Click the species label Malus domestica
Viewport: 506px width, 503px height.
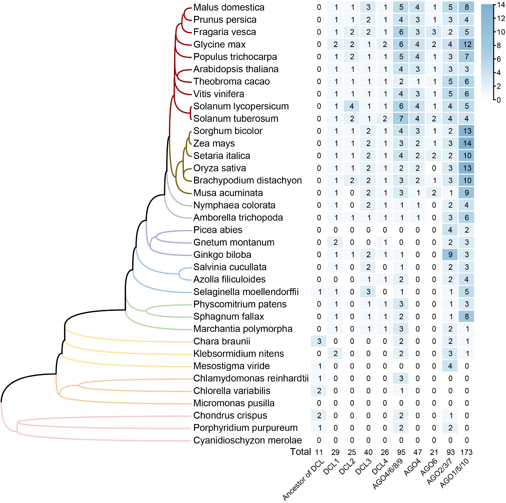coord(229,7)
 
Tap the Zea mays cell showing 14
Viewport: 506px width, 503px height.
coord(467,143)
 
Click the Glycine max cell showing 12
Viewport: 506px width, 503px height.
coord(467,44)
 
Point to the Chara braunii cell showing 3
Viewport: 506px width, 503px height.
coord(319,341)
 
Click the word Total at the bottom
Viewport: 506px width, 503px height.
coord(300,452)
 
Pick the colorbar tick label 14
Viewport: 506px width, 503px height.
coord(501,5)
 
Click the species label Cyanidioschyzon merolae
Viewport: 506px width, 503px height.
coord(247,440)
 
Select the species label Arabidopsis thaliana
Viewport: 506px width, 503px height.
coord(236,69)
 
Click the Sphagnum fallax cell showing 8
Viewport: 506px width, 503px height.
coord(467,316)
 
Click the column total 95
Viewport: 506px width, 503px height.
coord(401,452)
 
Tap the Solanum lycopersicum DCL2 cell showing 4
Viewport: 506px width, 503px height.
coord(352,106)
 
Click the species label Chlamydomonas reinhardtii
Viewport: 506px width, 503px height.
coord(251,378)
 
